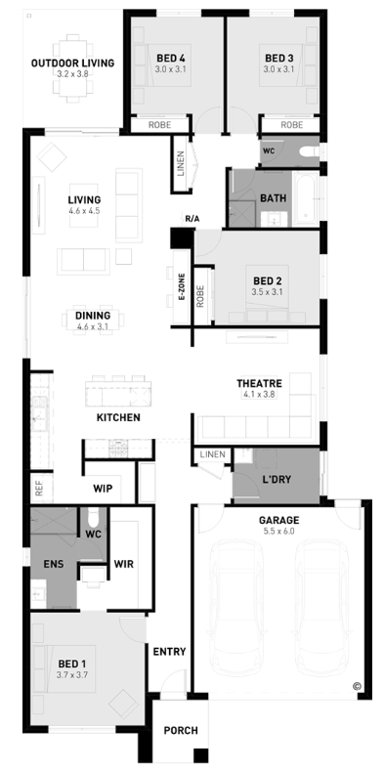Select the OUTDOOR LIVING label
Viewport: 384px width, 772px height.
point(73,63)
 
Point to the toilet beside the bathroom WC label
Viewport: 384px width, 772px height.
point(310,151)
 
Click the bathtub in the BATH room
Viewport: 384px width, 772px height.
point(306,198)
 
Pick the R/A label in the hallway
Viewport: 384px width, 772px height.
point(192,218)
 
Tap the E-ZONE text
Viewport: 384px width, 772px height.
point(181,287)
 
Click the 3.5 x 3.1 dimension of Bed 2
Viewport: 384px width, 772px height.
point(268,291)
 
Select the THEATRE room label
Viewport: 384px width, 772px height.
point(259,383)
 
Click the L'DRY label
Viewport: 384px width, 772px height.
point(277,479)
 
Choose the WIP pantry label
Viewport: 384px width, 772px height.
point(103,489)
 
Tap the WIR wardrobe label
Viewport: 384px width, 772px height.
point(123,564)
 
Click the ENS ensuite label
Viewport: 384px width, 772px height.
point(54,564)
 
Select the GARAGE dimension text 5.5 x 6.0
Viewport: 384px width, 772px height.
point(278,532)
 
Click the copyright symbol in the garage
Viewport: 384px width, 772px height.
point(357,685)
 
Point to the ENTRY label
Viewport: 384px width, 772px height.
point(169,652)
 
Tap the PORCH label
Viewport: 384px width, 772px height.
point(181,731)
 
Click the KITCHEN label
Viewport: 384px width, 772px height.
point(118,417)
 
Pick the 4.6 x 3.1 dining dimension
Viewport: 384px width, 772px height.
point(93,326)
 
